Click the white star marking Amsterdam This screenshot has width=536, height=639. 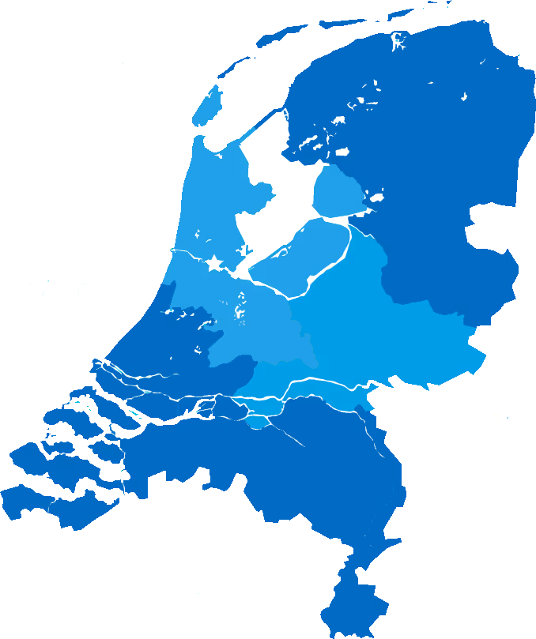(x=214, y=263)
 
